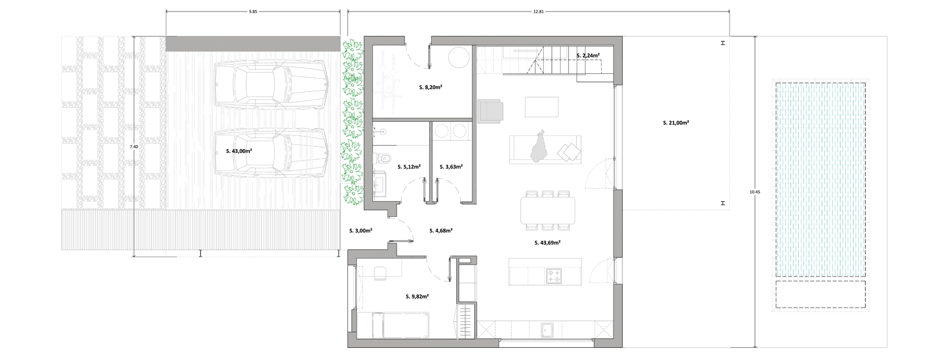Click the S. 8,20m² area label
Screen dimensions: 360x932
click(x=430, y=87)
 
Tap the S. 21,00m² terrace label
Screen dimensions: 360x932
click(x=676, y=123)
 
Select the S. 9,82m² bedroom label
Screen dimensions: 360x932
click(x=417, y=296)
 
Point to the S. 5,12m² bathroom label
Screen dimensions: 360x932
click(x=409, y=167)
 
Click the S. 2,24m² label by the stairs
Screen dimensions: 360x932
click(x=588, y=56)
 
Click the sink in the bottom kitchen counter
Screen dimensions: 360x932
click(x=548, y=330)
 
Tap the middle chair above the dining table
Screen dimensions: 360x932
click(x=548, y=194)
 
